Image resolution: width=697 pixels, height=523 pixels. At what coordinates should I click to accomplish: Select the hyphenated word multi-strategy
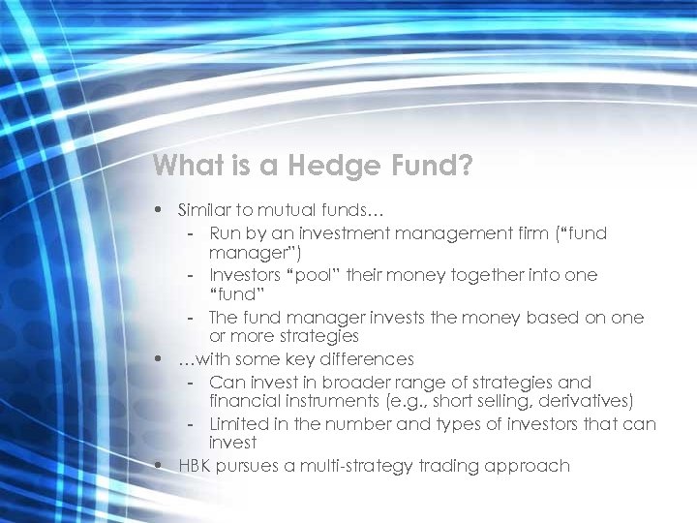click(x=353, y=466)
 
